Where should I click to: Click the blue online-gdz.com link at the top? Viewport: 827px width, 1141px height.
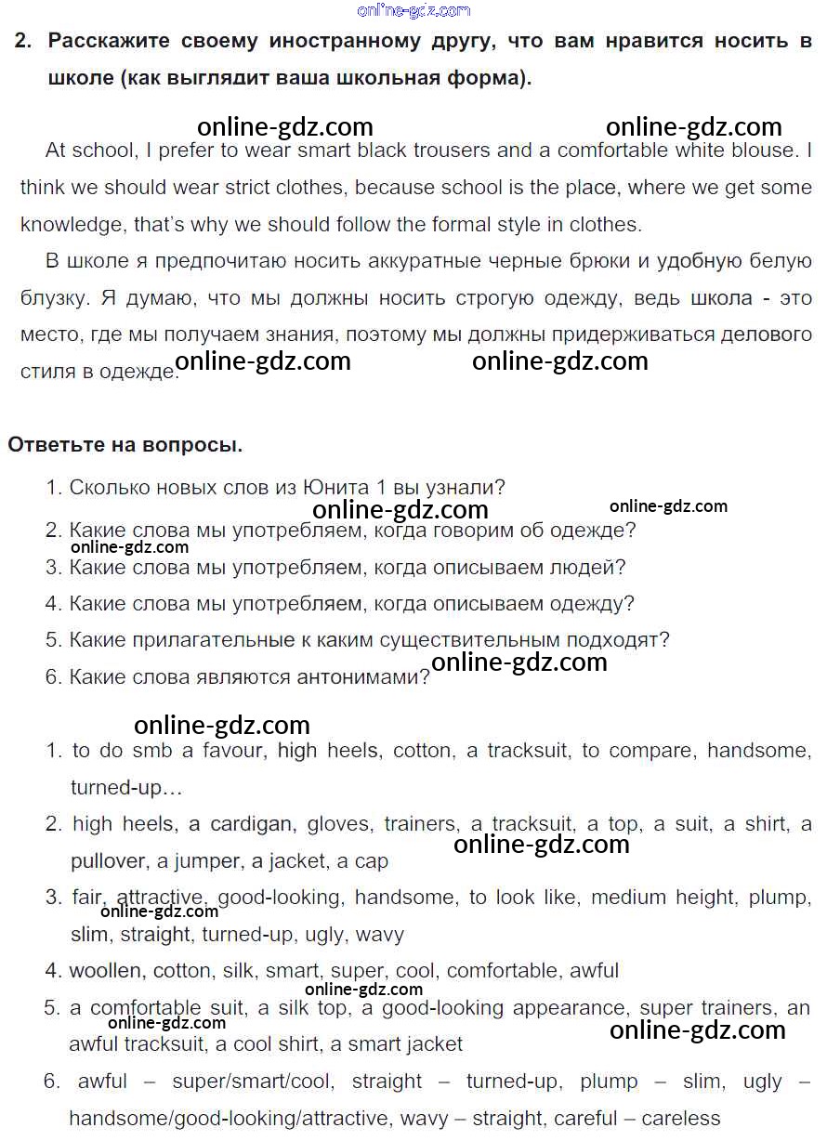(413, 10)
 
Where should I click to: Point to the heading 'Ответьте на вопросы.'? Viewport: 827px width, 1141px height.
(125, 445)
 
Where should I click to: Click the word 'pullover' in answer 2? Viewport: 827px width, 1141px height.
(108, 861)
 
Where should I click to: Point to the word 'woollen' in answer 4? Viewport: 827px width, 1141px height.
(106, 971)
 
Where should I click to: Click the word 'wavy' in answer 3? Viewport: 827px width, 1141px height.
(380, 934)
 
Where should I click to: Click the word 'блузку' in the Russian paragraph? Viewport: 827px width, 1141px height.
(51, 298)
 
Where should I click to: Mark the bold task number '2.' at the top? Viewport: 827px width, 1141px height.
(24, 41)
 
